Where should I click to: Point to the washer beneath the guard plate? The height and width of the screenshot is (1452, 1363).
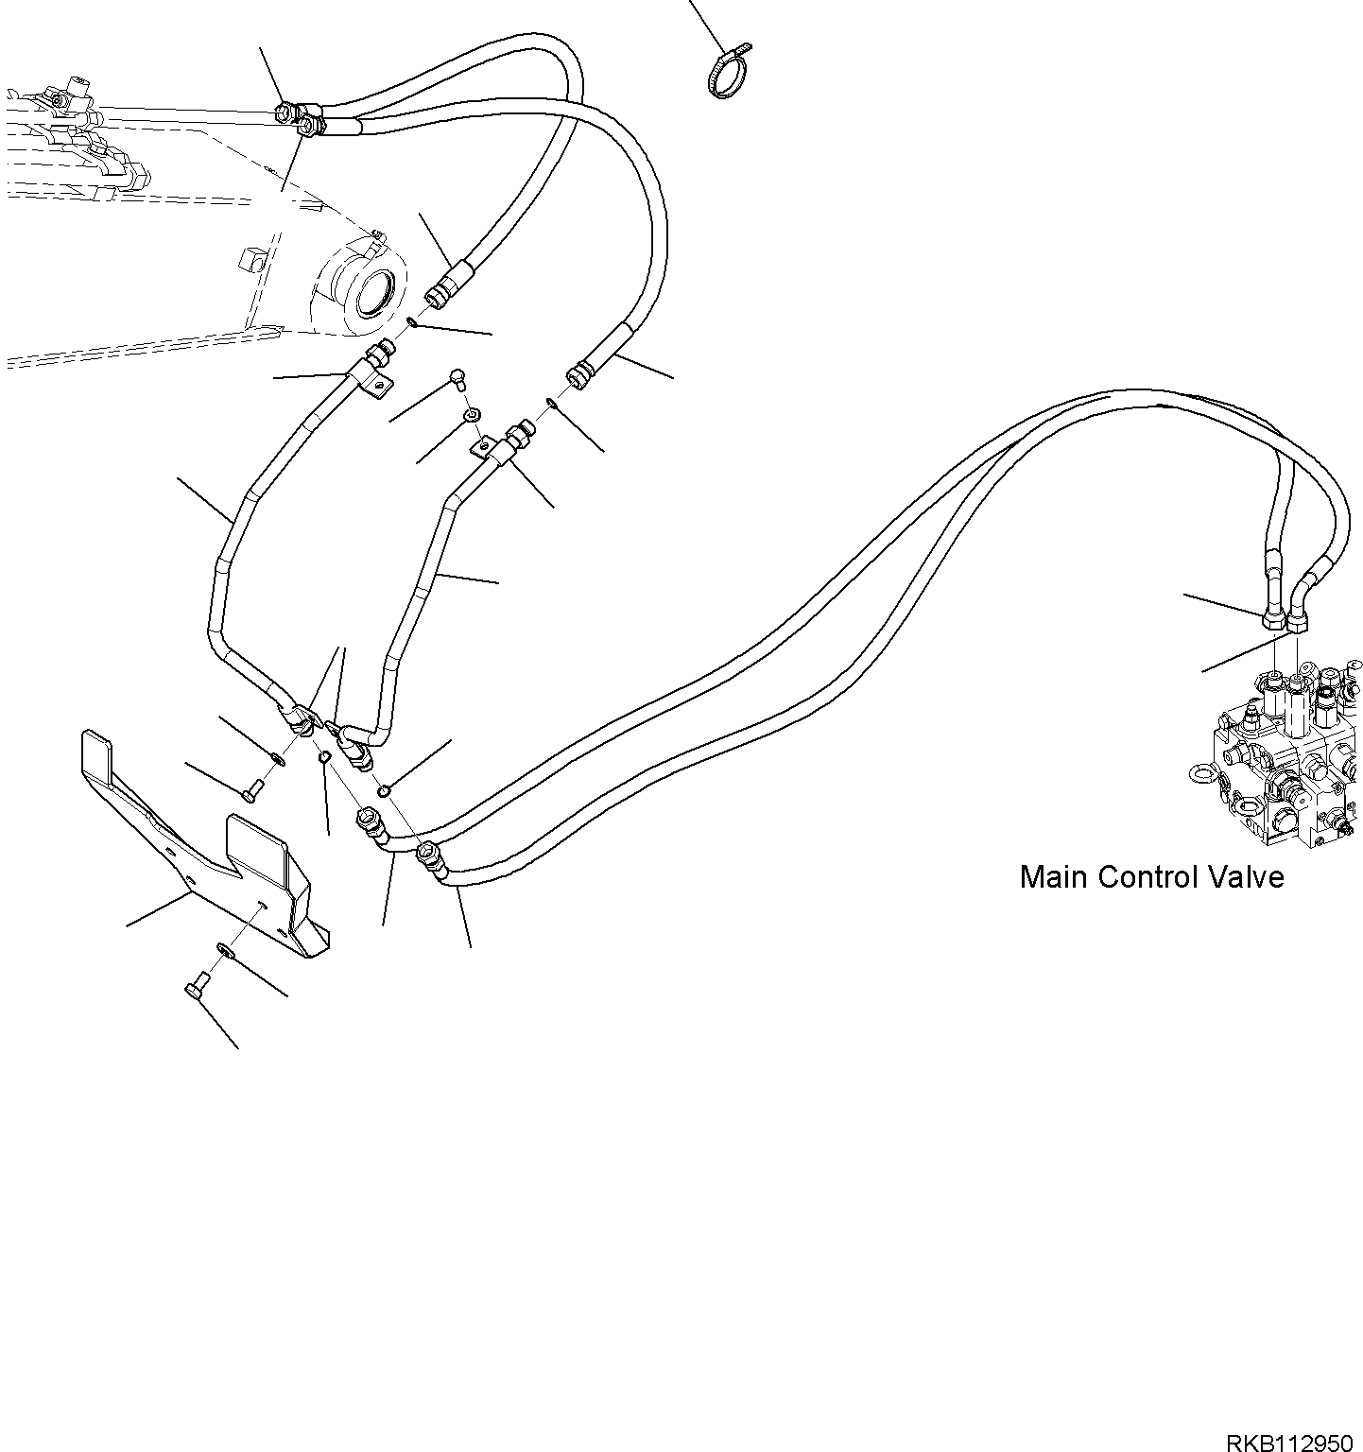click(223, 947)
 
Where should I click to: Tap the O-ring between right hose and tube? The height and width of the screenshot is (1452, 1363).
click(550, 404)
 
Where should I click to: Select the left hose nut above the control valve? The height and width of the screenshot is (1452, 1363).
click(1273, 621)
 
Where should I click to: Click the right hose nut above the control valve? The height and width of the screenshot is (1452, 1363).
click(1297, 621)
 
